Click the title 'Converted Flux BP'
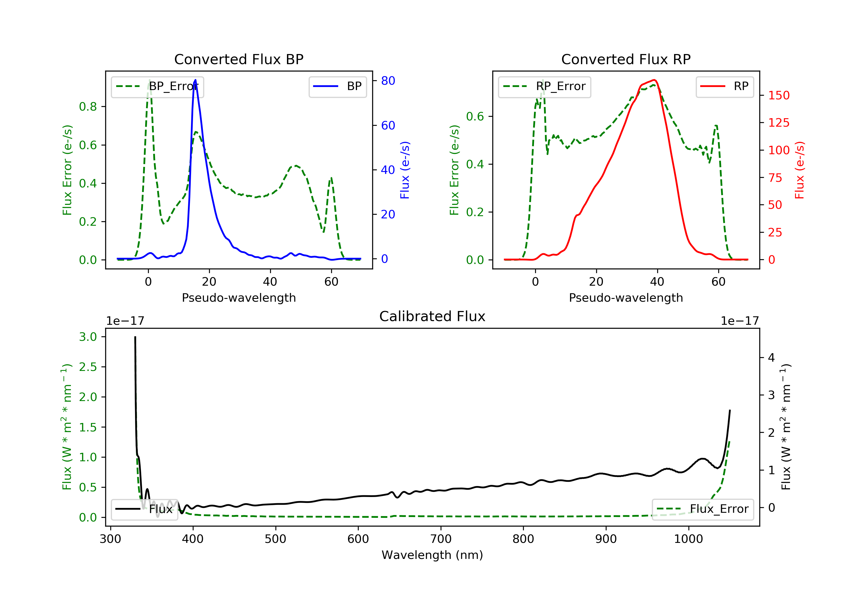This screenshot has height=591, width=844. coord(239,59)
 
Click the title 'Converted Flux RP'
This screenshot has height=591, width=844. coord(626,59)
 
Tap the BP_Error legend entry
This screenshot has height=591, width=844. coord(157,86)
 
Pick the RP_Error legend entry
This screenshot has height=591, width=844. coord(544,86)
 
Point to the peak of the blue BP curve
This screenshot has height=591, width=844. coord(195,80)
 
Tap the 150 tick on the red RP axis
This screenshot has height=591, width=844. coord(778,96)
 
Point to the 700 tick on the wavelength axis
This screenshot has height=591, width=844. coord(441,539)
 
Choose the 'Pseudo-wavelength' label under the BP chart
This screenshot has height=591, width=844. coord(239,298)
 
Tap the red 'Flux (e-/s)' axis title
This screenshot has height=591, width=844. coord(800,170)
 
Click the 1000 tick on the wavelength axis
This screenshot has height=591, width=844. coord(688,539)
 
